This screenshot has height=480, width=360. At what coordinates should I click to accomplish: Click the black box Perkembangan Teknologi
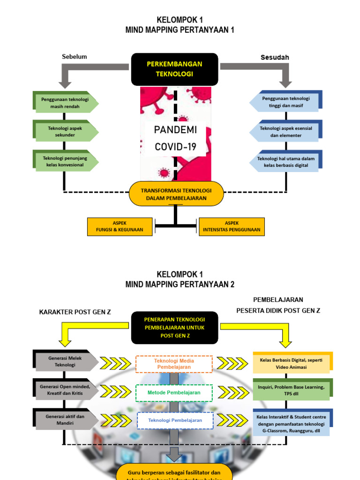pos(174,69)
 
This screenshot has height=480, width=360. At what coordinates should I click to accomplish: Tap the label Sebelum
pos(75,57)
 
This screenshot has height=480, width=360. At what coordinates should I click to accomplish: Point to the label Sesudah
pos(275,57)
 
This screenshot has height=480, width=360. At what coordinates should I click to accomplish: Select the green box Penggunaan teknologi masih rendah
pos(65,103)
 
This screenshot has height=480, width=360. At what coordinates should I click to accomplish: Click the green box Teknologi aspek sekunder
pos(65,131)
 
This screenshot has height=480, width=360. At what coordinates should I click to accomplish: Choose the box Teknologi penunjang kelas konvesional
pos(65,161)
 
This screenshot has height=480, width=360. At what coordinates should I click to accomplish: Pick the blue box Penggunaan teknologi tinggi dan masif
pos(285,102)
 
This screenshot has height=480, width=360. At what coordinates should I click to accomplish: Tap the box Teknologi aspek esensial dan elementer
pos(285,131)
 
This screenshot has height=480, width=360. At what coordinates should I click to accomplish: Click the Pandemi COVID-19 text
pos(175,138)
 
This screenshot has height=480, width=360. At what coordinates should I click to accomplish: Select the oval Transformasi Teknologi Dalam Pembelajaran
pos(176,194)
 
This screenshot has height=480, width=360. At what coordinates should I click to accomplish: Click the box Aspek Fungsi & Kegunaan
pos(120,227)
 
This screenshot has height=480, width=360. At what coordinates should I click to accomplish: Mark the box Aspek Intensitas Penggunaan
pos(231,227)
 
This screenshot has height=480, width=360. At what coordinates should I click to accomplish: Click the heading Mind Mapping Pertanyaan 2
pos(180,285)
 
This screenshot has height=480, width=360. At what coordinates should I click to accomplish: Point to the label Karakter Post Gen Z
pos(75,312)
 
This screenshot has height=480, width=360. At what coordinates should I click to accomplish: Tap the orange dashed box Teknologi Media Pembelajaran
pos(174,364)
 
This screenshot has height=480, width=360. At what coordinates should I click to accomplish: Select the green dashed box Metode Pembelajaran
pos(174,392)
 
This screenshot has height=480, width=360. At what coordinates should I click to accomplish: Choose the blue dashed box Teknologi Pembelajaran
pos(175,420)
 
